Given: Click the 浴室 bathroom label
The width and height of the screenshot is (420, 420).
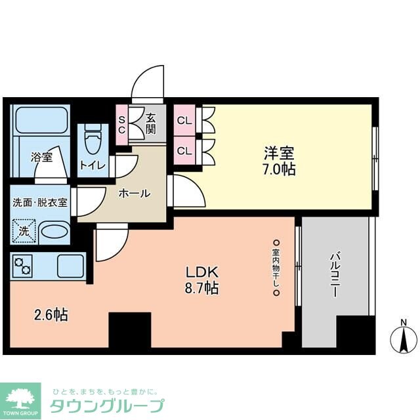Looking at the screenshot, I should (41, 157).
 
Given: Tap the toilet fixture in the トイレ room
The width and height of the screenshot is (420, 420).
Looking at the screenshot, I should (93, 138).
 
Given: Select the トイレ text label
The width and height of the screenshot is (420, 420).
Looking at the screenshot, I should (93, 165).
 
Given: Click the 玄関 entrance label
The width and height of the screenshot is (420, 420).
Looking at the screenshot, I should (151, 123).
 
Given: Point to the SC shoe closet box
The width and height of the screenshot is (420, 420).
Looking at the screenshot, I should (122, 123).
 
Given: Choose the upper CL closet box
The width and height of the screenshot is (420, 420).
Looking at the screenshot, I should (184, 121).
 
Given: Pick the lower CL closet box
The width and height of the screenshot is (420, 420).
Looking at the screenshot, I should (184, 150).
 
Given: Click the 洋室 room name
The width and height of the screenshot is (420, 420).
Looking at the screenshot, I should (279, 154).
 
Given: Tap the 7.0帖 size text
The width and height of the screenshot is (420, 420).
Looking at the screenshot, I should (279, 170).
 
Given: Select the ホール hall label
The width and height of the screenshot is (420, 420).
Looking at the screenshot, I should (135, 194).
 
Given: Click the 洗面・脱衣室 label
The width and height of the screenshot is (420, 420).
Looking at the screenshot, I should (40, 203).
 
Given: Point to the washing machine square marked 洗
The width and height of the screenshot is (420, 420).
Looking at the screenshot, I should (24, 231).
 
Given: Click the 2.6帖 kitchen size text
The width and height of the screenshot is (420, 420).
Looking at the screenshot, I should (51, 315).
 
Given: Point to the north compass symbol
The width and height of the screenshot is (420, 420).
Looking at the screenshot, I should (403, 338).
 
